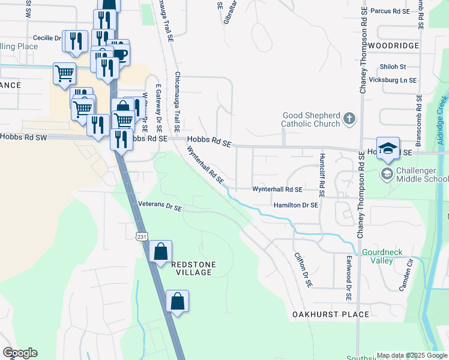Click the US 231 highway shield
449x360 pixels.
point(141,236)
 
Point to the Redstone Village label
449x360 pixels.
point(193,268)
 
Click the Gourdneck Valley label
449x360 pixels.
point(381,257)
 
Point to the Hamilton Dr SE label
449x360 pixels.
point(295,205)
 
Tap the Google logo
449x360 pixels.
point(20,353)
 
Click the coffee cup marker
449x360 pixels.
point(119,53)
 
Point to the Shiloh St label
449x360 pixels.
point(393,67)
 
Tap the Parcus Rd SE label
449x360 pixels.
point(390,11)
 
